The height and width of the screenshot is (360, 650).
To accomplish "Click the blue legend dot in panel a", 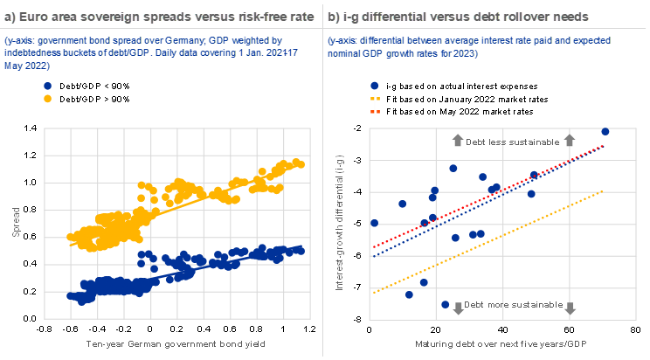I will click(47, 86).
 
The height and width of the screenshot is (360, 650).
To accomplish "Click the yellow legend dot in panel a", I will click(47, 99).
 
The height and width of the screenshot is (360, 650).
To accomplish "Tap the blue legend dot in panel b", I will click(375, 86).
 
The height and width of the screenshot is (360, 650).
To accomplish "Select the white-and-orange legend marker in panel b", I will click(375, 105).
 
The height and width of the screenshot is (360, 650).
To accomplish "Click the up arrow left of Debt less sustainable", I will click(456, 141).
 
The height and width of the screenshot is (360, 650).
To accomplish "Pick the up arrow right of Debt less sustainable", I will click(570, 141).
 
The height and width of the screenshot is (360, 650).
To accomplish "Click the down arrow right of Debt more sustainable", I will click(570, 307).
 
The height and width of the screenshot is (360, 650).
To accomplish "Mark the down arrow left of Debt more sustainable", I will click(456, 307).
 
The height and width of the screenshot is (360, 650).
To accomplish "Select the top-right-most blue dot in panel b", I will click(605, 132).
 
